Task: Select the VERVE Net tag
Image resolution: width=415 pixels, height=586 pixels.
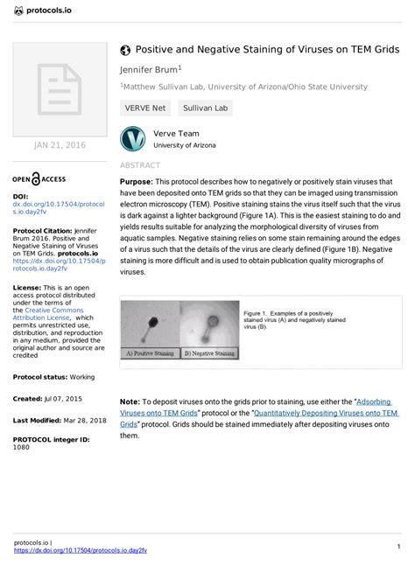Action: [x=145, y=108]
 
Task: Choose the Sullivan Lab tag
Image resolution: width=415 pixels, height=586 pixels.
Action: [x=204, y=108]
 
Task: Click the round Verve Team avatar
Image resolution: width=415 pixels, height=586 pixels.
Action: [x=132, y=139]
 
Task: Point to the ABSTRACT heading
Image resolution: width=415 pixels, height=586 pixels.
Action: [x=139, y=165]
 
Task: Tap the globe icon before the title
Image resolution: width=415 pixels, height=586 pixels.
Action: [x=125, y=50]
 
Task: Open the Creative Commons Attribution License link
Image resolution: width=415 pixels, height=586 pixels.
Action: [x=57, y=314]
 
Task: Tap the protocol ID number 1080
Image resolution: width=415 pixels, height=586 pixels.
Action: [x=21, y=446]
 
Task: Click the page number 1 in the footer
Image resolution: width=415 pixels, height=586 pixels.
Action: [x=398, y=547]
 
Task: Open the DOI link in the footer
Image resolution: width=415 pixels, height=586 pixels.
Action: [x=81, y=551]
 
